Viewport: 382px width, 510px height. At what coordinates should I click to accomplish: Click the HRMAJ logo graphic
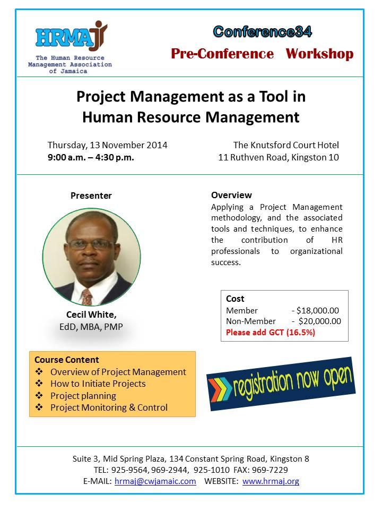click(72, 36)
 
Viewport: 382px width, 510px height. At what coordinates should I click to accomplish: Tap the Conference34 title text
click(263, 31)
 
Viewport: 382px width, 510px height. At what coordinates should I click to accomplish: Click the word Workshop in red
click(319, 54)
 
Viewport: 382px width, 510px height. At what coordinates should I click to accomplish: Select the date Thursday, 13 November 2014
click(108, 145)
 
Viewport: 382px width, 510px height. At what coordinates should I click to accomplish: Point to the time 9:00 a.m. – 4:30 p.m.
click(91, 157)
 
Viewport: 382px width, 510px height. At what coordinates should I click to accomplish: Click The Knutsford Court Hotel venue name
click(286, 145)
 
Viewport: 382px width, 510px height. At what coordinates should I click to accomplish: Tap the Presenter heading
click(91, 195)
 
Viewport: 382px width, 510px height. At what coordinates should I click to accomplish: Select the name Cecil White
click(91, 314)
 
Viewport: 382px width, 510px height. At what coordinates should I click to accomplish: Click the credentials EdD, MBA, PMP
click(91, 327)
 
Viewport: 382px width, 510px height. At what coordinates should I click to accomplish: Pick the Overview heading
click(231, 195)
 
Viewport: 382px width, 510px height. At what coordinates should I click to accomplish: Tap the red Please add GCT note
click(271, 332)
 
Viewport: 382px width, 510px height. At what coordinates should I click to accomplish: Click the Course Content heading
click(67, 360)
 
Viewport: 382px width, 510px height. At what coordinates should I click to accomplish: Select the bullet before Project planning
click(39, 395)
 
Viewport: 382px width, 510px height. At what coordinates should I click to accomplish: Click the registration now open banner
click(281, 384)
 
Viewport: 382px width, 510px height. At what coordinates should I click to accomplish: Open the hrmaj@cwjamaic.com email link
click(155, 481)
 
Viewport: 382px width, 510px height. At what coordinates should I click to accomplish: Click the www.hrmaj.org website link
click(271, 481)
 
